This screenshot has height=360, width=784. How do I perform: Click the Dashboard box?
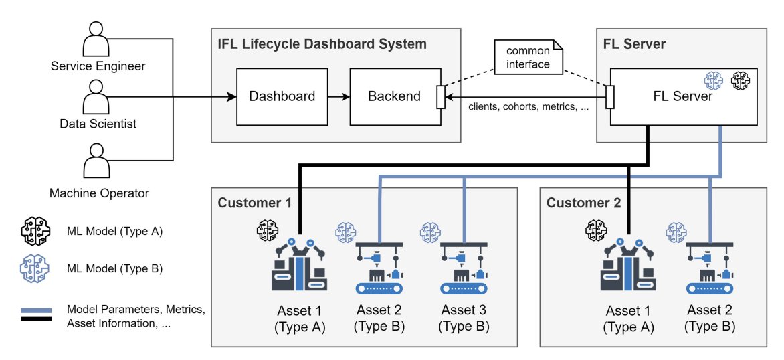pyautogui.click(x=282, y=96)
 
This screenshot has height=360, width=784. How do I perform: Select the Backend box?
pyautogui.click(x=394, y=96)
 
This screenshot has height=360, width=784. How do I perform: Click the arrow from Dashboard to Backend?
pyautogui.click(x=338, y=96)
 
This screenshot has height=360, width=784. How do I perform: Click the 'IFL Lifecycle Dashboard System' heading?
pyautogui.click(x=322, y=45)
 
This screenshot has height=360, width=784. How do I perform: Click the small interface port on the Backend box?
pyautogui.click(x=440, y=96)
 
